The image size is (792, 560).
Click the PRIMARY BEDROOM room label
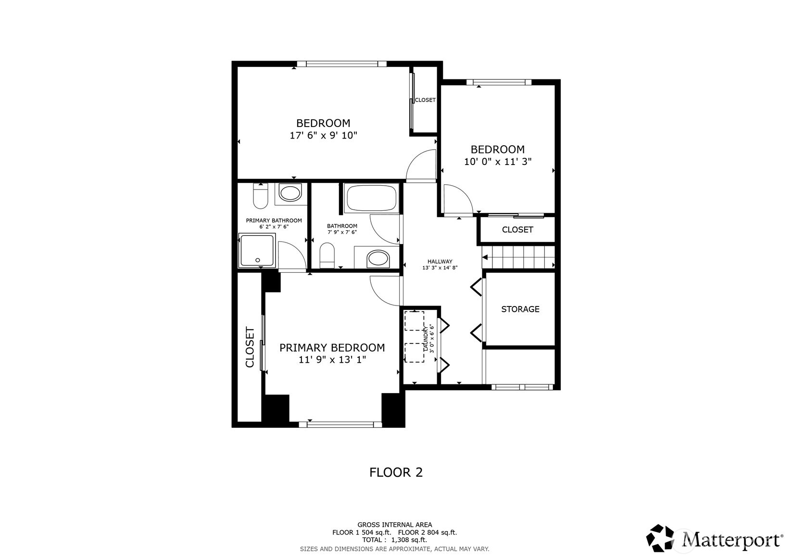point(332,347)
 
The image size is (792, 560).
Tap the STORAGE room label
point(520,309)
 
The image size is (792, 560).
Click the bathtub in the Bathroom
point(371,198)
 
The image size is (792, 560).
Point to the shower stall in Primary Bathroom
point(257,250)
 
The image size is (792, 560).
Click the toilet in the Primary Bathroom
point(260,197)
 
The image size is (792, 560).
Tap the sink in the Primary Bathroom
point(289,194)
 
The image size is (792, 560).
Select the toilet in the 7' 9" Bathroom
point(327,255)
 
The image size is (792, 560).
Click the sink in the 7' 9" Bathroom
point(378,259)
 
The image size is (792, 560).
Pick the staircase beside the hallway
point(518,256)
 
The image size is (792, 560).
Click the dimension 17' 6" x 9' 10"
point(323,136)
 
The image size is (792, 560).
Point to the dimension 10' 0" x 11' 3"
point(497,162)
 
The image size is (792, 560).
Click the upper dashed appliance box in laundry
point(414,321)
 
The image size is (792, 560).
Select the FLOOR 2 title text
point(396,472)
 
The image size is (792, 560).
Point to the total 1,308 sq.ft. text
point(394,540)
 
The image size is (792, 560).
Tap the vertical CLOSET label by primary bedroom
point(250,347)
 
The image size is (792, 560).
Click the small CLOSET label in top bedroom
point(425,100)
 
